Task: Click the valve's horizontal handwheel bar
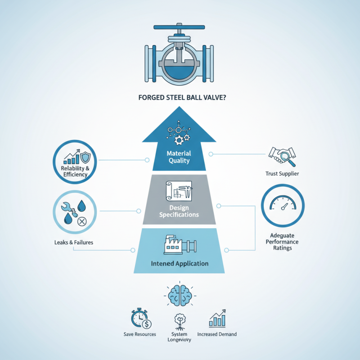tap(179, 27)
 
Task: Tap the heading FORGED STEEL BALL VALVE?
tap(182, 98)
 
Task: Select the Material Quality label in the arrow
tap(179, 157)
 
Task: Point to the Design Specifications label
tap(179, 211)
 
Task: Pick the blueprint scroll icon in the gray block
tap(179, 191)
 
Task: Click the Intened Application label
tap(180, 264)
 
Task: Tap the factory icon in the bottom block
tap(180, 245)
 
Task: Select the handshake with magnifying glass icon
tap(282, 156)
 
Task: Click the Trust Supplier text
tap(282, 174)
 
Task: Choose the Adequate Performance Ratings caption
tap(282, 242)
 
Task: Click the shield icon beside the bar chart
tap(85, 157)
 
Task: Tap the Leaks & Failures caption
tap(74, 243)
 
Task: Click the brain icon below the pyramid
tap(180, 296)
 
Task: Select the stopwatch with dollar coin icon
tap(141, 319)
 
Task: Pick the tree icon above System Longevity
tap(180, 322)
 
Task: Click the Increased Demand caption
tap(217, 334)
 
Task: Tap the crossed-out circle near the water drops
tap(82, 221)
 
